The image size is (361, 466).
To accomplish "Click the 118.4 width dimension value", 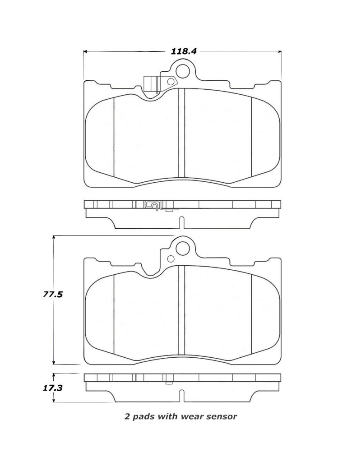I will click(184, 51).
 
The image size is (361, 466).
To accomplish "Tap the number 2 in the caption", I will click(127, 417).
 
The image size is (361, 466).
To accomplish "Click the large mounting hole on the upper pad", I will click(183, 71).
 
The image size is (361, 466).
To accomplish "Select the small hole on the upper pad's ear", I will click(171, 82).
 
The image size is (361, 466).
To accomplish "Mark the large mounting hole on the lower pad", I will click(183, 248).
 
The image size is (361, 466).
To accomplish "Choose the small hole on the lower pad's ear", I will click(171, 258).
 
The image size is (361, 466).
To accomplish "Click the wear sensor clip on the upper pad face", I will click(151, 85).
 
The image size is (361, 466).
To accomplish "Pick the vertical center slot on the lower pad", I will click(182, 310).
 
